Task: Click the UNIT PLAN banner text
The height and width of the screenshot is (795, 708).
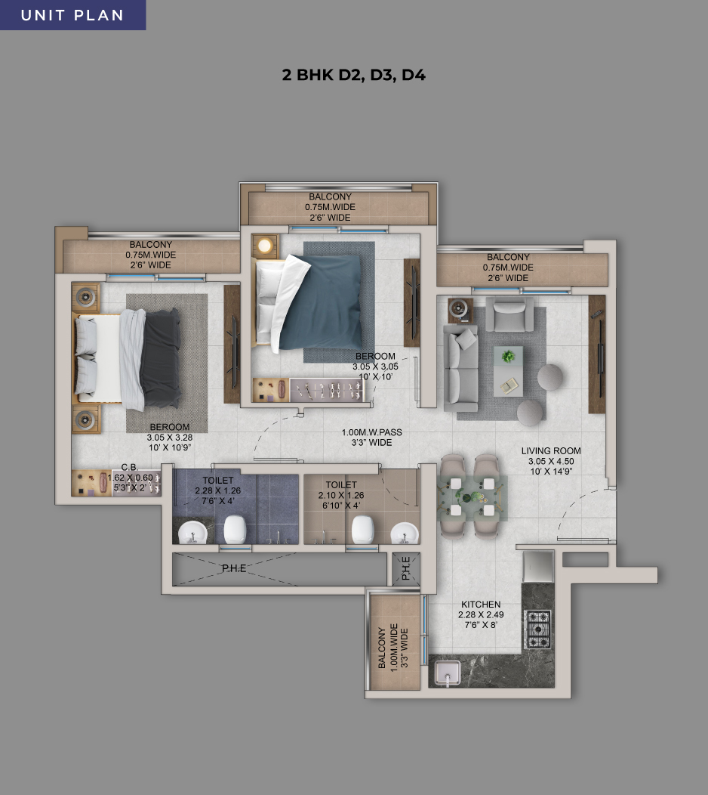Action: (x=72, y=15)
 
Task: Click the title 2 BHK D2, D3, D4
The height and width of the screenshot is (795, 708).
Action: (x=353, y=75)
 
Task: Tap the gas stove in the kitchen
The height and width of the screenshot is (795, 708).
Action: (x=538, y=630)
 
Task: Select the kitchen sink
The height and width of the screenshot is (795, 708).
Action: (x=447, y=673)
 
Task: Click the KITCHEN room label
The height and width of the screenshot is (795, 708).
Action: (x=481, y=605)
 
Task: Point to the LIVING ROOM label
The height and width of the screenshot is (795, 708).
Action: (x=551, y=450)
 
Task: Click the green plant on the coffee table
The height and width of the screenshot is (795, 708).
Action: (x=508, y=357)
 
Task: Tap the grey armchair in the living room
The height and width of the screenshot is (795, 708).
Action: (x=509, y=314)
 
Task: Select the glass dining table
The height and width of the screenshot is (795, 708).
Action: (x=472, y=497)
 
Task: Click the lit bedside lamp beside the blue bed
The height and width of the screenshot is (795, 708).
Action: (x=264, y=246)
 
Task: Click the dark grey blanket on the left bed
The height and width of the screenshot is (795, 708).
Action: (x=161, y=358)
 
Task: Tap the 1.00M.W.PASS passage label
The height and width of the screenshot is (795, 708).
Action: (x=371, y=432)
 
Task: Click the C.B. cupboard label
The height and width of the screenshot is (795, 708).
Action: (x=129, y=468)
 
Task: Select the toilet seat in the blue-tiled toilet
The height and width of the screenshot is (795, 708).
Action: (x=235, y=529)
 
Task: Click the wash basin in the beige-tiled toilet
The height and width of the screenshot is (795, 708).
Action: (x=404, y=534)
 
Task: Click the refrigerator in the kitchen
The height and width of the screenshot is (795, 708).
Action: (x=538, y=567)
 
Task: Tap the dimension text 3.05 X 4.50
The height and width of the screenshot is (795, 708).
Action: (x=551, y=462)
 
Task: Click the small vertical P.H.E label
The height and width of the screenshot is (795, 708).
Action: (x=406, y=568)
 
